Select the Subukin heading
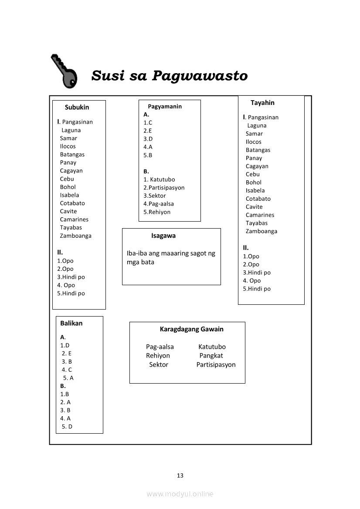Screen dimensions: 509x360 [77, 107]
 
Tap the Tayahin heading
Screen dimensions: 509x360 [262, 103]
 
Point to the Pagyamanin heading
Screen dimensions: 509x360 [165, 106]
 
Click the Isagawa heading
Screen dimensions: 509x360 [163, 236]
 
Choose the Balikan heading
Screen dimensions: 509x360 [71, 323]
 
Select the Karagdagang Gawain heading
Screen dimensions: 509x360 [191, 329]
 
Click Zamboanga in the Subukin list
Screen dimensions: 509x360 [76, 236]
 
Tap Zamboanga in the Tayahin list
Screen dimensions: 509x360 [262, 231]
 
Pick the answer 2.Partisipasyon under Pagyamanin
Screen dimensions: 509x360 [164, 188]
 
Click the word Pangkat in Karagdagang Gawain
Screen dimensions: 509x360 [211, 356]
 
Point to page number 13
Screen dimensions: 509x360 [180, 475]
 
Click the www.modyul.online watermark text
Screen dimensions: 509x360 [180, 494]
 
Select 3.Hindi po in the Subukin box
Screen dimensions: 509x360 [71, 277]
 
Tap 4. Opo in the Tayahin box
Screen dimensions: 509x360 [252, 280]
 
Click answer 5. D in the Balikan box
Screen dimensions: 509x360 [67, 426]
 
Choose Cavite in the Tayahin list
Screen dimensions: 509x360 [254, 207]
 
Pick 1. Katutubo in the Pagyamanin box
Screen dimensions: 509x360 [159, 179]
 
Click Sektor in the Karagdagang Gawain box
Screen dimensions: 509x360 [159, 364]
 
